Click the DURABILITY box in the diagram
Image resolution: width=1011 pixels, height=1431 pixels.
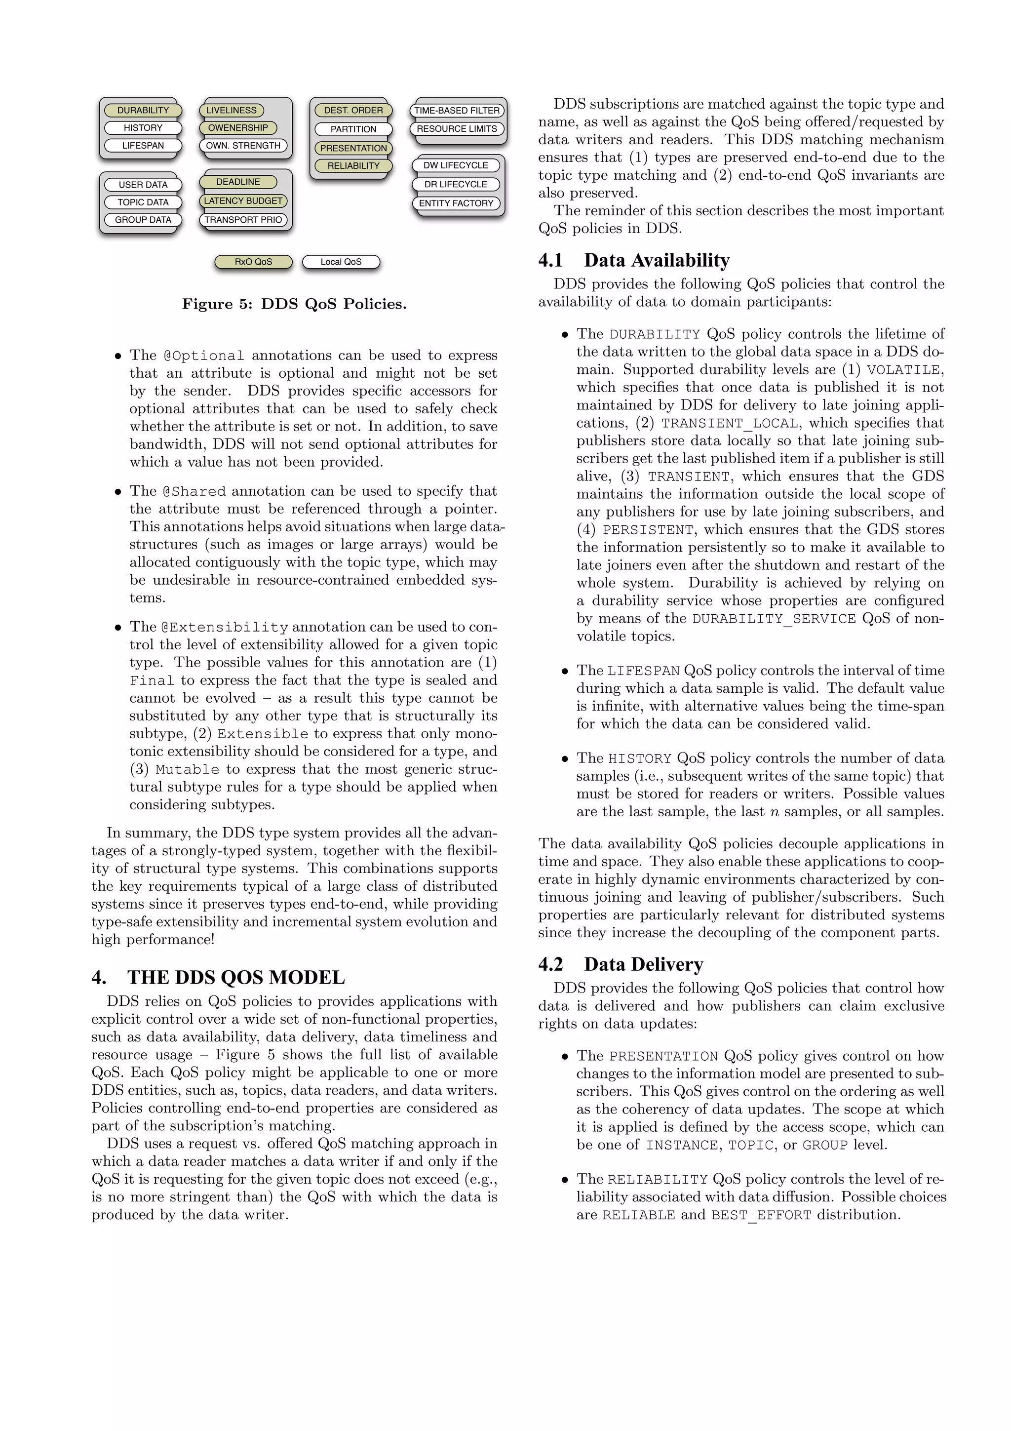coord(143,110)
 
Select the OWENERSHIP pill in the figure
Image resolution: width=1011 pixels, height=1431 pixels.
coord(238,128)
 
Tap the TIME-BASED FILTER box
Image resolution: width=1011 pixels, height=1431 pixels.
coord(457,110)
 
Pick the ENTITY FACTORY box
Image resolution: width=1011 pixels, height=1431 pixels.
coord(456,203)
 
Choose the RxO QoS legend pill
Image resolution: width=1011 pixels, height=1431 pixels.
coord(253,262)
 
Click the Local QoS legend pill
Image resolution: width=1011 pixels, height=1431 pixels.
coord(341,262)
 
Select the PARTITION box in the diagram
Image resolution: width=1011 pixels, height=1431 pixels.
coord(353,129)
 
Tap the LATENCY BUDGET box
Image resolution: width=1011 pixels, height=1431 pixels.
coord(243,200)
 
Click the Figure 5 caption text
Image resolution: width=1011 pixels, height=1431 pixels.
coord(294,304)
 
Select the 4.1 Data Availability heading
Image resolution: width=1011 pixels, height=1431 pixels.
coord(634,260)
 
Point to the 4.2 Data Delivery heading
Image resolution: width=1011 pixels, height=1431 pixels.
coord(621,964)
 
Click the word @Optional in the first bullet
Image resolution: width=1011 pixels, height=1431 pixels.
coord(204,356)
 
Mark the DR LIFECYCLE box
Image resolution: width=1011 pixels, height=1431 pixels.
coord(456,185)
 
